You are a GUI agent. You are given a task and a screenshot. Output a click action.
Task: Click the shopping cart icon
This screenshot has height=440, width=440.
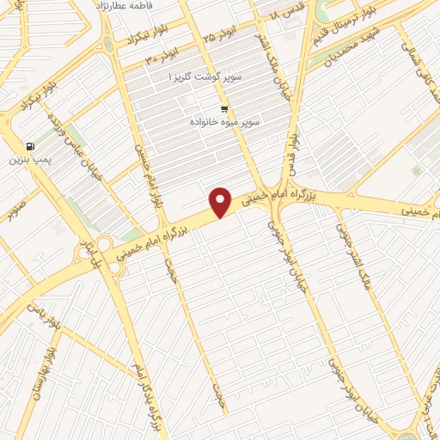point(224,109)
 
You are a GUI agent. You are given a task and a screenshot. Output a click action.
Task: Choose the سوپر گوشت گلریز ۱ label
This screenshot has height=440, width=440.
point(207,76)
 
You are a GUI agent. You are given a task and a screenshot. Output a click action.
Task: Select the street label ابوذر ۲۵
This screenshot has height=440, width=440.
point(219,37)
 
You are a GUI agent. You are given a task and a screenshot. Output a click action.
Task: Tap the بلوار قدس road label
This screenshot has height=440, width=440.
point(295,155)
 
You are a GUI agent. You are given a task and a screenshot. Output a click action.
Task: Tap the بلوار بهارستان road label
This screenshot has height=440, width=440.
point(47,378)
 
